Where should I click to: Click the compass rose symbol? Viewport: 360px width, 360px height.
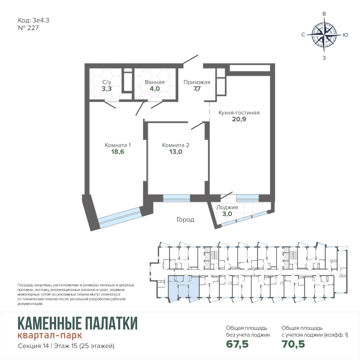(x=324, y=35)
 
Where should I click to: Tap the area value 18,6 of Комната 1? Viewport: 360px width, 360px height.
(x=118, y=152)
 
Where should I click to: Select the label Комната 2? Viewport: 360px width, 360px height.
(x=176, y=145)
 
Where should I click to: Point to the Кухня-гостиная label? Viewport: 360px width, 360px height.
(x=239, y=113)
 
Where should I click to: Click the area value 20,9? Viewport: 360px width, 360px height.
(x=239, y=119)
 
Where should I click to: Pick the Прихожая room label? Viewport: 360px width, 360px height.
(x=197, y=82)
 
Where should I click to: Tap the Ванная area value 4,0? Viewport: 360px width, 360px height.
(x=154, y=89)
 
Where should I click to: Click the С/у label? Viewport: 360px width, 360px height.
(x=107, y=82)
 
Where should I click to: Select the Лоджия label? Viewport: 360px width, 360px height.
(x=227, y=207)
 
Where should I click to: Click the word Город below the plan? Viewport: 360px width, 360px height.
(x=185, y=220)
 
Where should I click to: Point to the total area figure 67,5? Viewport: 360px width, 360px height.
(x=237, y=344)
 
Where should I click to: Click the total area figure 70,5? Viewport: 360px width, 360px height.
(x=293, y=344)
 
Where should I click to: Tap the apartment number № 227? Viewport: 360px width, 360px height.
(x=28, y=28)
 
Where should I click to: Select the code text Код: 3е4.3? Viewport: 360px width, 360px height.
(x=33, y=21)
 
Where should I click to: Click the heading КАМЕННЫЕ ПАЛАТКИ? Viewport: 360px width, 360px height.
(x=78, y=323)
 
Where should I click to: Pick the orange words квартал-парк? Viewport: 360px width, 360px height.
(x=50, y=335)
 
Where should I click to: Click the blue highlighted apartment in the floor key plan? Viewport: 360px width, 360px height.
(x=183, y=287)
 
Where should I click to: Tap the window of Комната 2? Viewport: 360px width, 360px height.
(x=176, y=198)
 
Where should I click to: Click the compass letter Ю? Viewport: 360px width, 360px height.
(x=345, y=35)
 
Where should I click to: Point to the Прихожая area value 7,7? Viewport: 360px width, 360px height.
(x=197, y=89)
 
